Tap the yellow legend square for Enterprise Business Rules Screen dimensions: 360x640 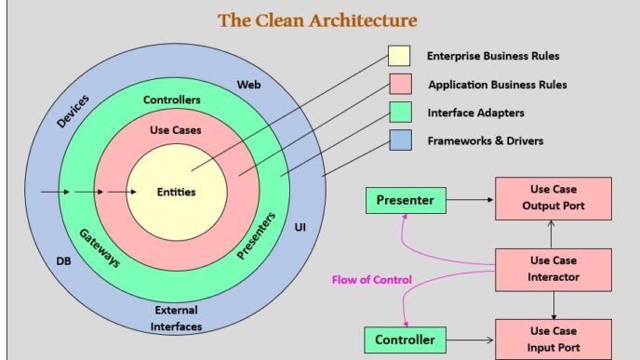tap(399, 57)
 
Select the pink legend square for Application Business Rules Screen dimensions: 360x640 tap(399, 85)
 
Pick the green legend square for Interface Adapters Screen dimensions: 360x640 tap(399, 113)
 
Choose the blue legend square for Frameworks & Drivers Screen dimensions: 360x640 tap(399, 141)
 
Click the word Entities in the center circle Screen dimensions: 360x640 tap(177, 193)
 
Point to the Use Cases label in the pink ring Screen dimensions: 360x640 tap(175, 130)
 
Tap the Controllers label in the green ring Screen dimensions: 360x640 tap(173, 100)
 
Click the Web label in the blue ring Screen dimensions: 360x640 tap(247, 85)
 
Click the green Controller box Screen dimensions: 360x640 tap(406, 340)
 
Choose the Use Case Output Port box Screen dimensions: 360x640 tap(553, 198)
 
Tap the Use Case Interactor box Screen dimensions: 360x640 tap(553, 270)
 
